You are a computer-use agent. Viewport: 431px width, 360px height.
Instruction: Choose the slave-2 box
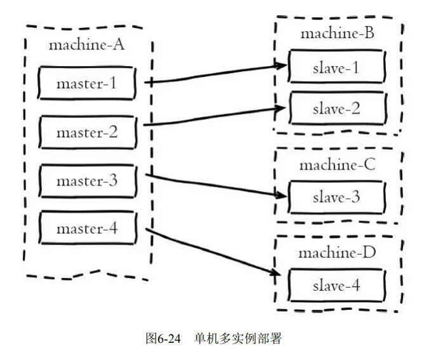click(336, 109)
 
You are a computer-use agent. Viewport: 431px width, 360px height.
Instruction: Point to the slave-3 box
click(336, 197)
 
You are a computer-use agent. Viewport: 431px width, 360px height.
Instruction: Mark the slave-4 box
click(336, 285)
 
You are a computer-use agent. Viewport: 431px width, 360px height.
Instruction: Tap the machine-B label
click(337, 34)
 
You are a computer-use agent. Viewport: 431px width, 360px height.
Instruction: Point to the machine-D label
click(338, 253)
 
